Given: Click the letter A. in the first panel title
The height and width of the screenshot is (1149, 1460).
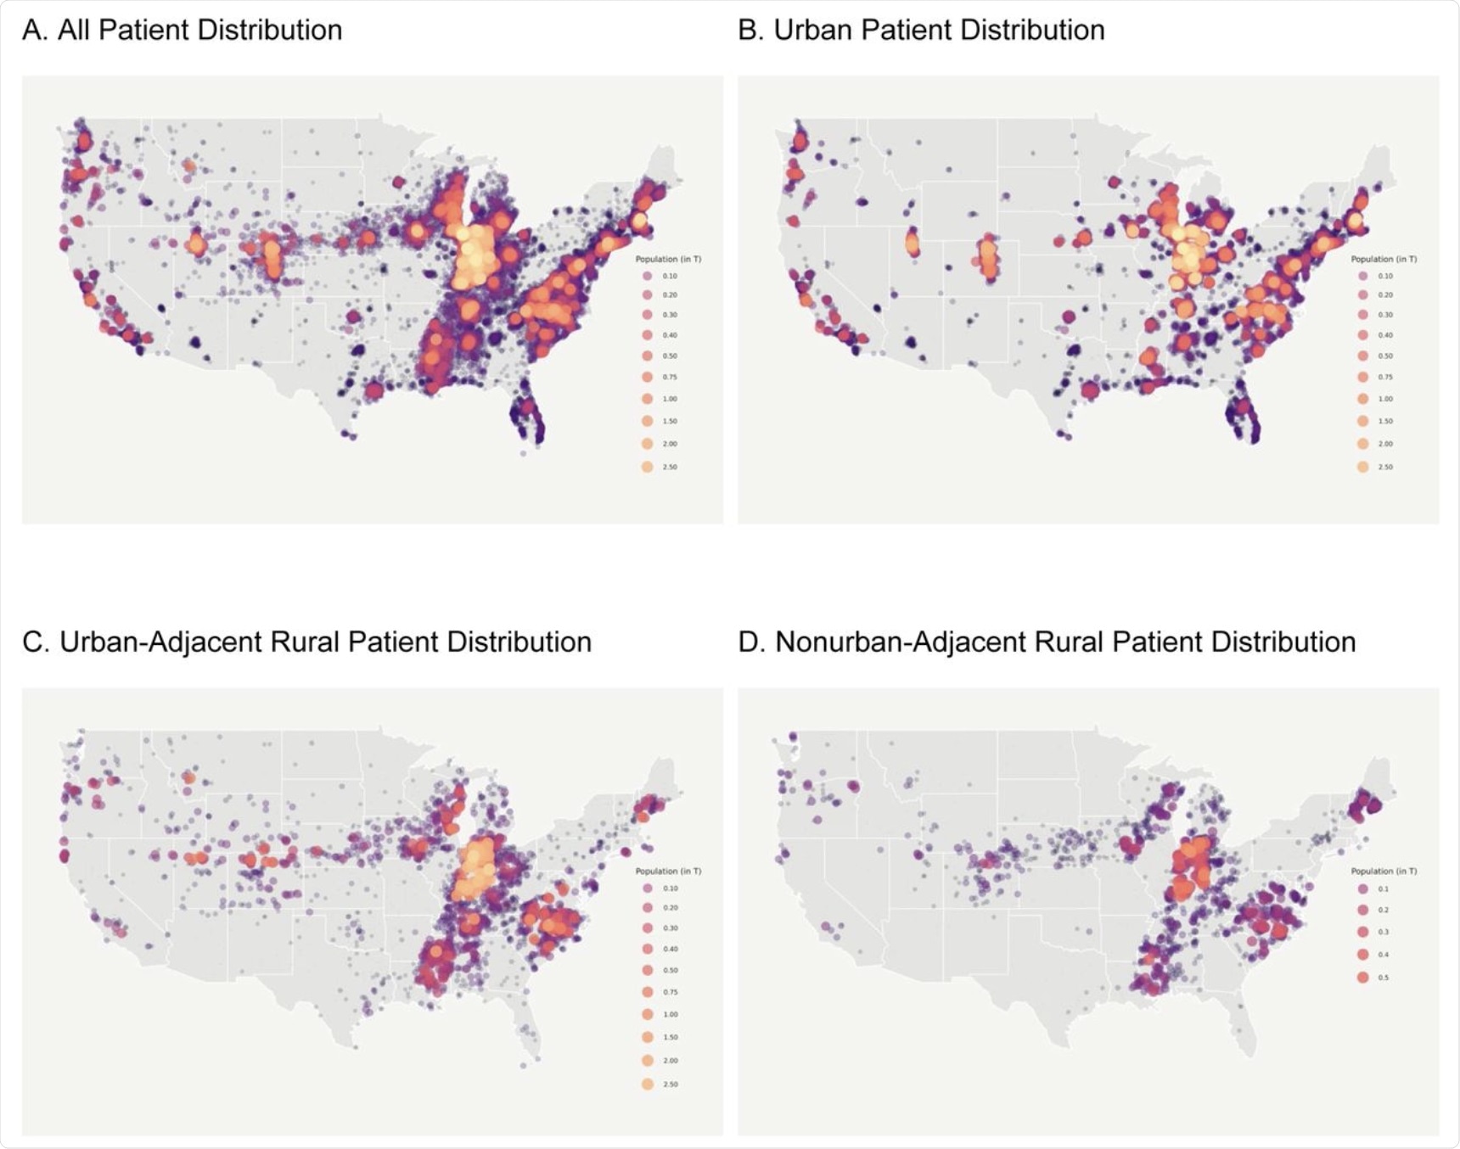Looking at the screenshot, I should pos(34,31).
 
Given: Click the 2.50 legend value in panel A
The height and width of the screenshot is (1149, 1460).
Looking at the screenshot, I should pos(670,467).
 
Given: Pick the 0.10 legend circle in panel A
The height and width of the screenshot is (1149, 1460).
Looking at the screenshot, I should pos(648,276).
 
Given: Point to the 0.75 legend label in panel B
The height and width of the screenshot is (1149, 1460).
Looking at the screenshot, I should pos(1385,377).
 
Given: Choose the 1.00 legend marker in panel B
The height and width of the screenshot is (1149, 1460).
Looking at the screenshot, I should pos(1363,398).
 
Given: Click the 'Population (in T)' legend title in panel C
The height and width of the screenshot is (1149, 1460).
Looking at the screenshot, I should pos(668,871).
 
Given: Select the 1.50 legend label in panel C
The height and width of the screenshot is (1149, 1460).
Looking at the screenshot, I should pos(670,1037).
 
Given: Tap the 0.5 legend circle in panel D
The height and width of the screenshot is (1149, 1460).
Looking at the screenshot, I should pos(1363,978).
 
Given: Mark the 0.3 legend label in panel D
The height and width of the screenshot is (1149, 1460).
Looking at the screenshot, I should pos(1384,932).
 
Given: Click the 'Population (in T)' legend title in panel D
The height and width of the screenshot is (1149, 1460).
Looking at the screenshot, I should pos(1384,871).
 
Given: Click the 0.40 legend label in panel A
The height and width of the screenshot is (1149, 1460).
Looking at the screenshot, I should pos(670,335).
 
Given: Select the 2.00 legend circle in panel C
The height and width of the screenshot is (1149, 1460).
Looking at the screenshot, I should pos(648,1061).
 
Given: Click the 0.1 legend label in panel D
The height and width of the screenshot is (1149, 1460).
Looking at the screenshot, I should pos(1384,888).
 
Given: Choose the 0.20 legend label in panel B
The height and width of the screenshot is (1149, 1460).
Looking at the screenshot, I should pos(1385,294).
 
